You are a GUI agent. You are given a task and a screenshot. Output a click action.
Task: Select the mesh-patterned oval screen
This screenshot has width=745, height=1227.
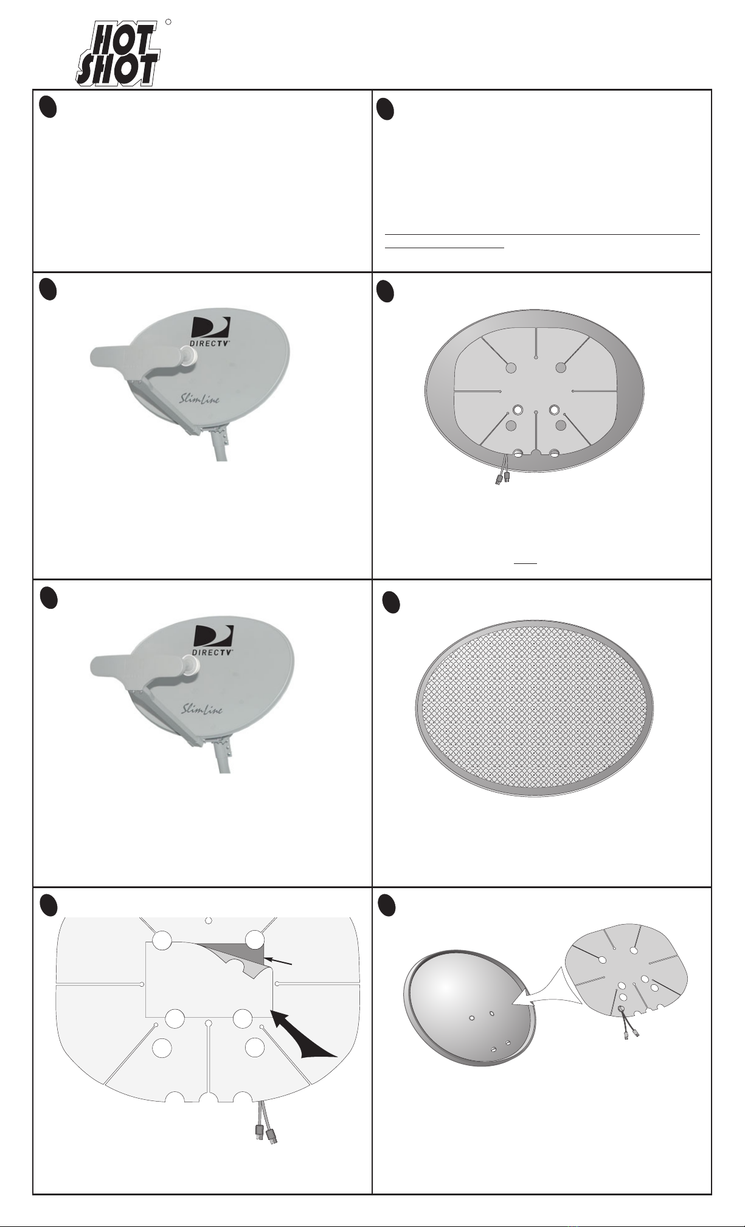[x=535, y=709]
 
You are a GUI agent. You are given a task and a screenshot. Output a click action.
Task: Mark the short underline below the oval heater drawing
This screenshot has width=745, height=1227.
[x=525, y=563]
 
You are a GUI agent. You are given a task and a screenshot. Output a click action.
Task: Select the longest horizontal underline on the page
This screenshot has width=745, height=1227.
[x=542, y=234]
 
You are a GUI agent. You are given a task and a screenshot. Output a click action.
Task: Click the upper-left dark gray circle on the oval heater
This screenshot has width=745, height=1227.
[x=511, y=367]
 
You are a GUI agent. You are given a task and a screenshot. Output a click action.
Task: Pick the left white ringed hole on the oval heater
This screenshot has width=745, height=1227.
[x=518, y=410]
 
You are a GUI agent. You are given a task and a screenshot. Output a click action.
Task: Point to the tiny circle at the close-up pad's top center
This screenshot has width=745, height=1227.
[x=209, y=920]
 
